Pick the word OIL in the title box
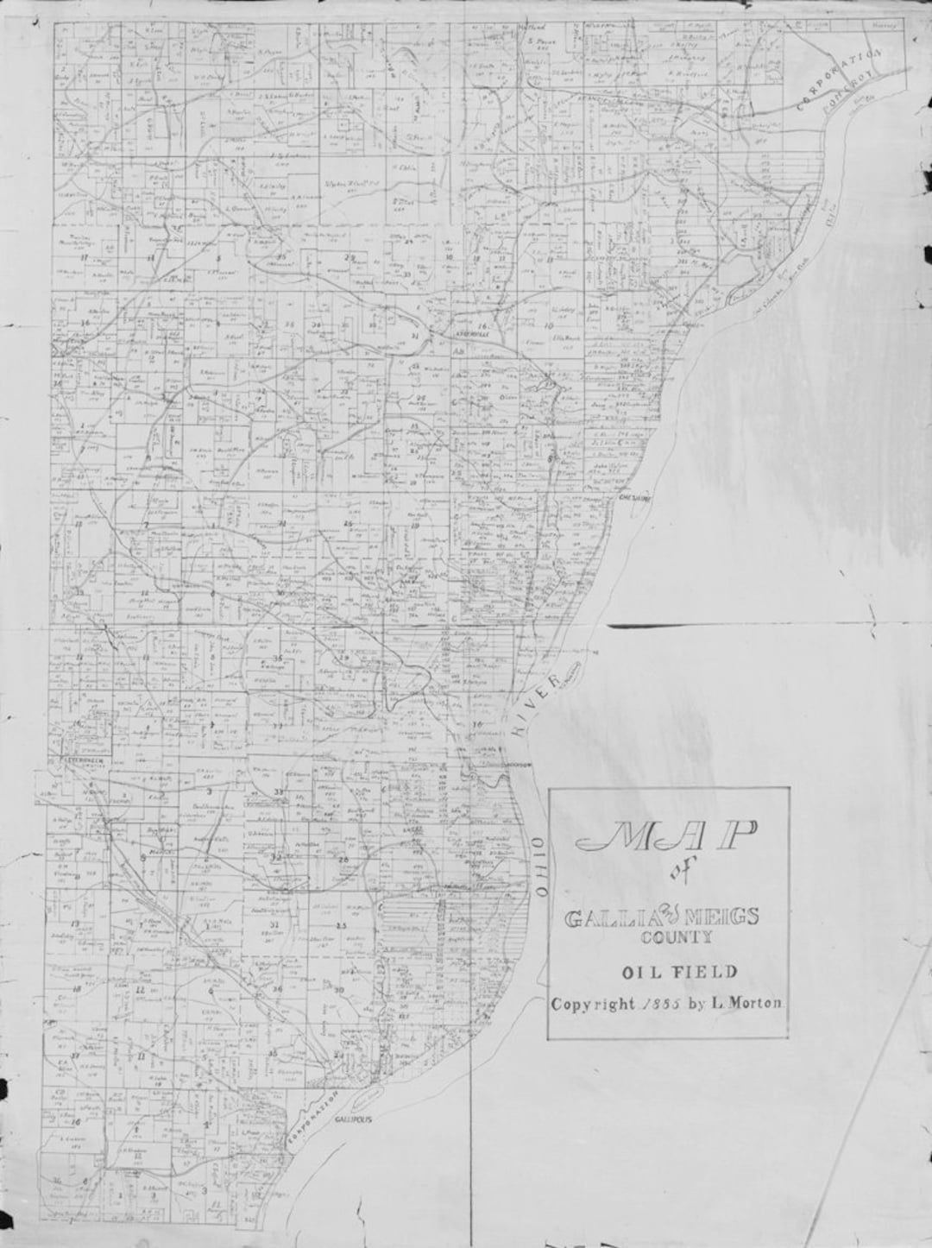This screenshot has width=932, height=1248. pyautogui.click(x=639, y=973)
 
